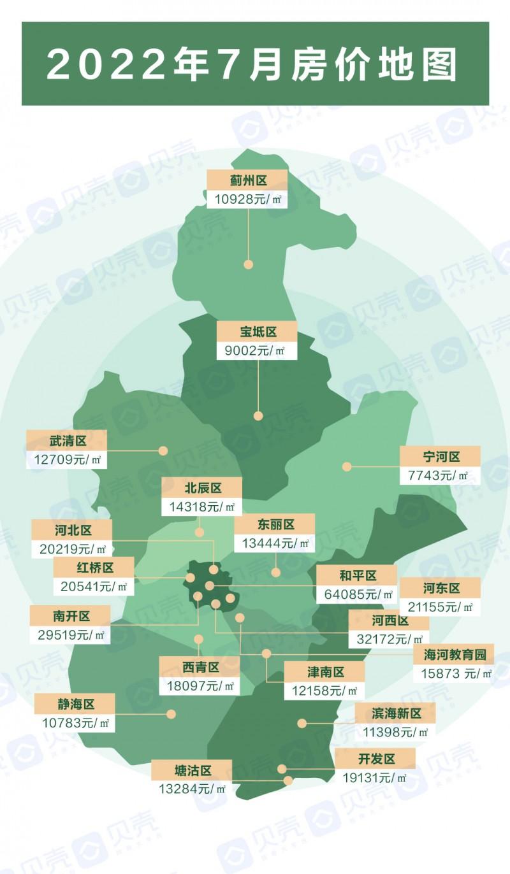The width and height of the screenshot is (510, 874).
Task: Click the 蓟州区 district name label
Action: click(x=247, y=181)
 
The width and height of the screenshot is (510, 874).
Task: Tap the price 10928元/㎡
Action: click(x=247, y=199)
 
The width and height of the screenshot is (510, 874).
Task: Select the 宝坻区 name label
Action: click(x=258, y=332)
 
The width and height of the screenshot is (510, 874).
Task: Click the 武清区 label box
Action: click(x=66, y=440)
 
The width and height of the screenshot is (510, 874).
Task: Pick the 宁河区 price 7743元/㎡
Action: click(x=439, y=475)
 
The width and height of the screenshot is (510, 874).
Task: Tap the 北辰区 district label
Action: click(x=202, y=488)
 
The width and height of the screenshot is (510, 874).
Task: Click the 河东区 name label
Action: click(x=441, y=587)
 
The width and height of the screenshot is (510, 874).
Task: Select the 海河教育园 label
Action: click(x=454, y=654)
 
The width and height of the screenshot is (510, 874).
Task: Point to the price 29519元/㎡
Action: click(x=69, y=634)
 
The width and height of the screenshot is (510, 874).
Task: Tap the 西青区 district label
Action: click(x=200, y=667)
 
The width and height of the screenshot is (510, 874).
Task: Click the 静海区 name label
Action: click(x=75, y=705)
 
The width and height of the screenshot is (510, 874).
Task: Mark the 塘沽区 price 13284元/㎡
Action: click(x=191, y=789)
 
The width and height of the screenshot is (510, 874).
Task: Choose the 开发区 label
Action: click(x=374, y=759)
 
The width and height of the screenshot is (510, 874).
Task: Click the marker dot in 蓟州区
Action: click(x=249, y=264)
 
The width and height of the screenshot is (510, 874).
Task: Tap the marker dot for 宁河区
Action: click(x=347, y=466)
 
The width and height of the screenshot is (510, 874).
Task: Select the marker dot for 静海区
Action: click(x=170, y=713)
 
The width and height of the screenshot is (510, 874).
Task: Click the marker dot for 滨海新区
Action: click(x=302, y=723)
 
